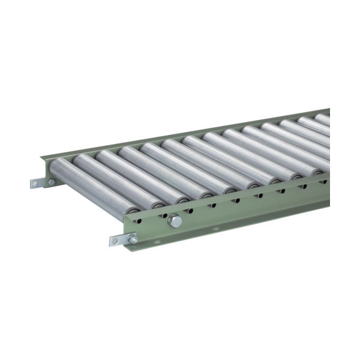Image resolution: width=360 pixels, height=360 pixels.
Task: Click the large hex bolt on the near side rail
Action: pos(175,221)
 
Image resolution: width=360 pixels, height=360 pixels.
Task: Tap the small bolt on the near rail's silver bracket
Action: pos(133,239)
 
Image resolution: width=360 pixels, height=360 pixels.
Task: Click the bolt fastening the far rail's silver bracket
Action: pos(52,181)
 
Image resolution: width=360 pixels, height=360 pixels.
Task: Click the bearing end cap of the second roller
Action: pos(161,204)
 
